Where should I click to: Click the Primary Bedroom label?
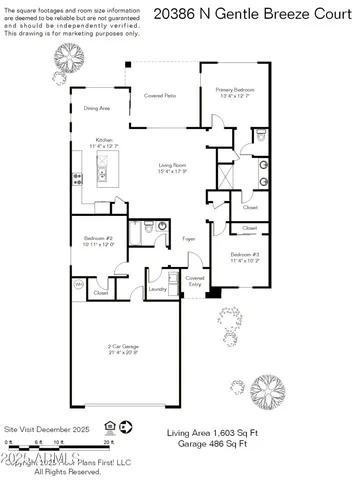pos(237,92)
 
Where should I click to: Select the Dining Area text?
pos(97,107)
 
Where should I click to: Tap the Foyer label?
pos(188,240)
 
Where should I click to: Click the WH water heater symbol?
pos(78,284)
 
